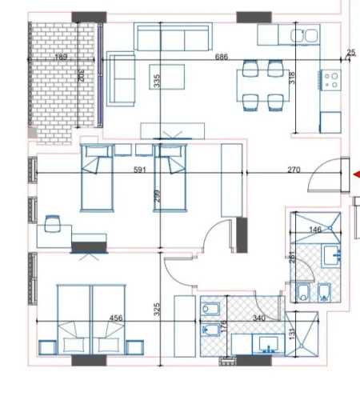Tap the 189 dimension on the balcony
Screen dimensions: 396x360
(60, 58)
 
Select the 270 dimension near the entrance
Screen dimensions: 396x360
(294, 170)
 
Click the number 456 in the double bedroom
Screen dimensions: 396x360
(116, 318)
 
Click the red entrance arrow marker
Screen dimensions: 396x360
(356, 174)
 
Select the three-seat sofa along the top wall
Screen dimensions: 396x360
(174, 38)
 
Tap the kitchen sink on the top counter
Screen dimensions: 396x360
(304, 35)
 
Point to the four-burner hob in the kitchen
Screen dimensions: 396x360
(331, 81)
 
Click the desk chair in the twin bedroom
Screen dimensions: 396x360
(53, 225)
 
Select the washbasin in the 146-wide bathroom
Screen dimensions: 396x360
(333, 256)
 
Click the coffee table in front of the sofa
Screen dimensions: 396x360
(166, 130)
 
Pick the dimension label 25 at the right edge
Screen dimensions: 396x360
(350, 54)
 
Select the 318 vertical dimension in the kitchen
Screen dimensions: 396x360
(293, 78)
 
